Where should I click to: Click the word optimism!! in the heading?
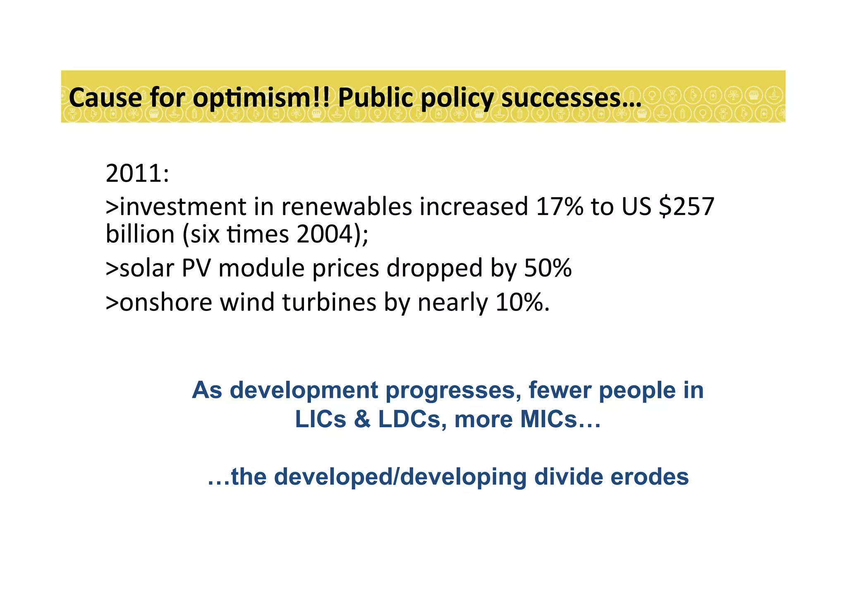tap(261, 99)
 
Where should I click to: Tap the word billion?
tap(140, 234)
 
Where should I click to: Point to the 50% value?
tap(548, 268)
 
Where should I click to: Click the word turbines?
tap(329, 302)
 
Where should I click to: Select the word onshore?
tap(166, 302)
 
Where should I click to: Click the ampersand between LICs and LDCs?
tap(362, 419)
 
